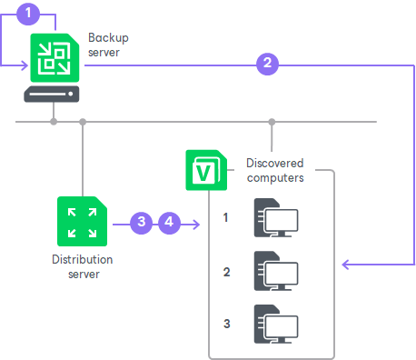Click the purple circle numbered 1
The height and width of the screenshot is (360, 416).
(x=28, y=14)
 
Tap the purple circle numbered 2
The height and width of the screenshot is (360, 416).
(x=267, y=64)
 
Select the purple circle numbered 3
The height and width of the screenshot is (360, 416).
(x=141, y=223)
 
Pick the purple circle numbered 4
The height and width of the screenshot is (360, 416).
(x=169, y=223)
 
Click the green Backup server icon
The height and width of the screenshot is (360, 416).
(x=54, y=57)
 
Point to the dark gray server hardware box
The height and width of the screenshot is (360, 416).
(x=52, y=94)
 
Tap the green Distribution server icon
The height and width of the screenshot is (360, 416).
(x=82, y=221)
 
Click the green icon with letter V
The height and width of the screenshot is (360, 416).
(x=206, y=170)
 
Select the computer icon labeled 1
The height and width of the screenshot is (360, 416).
(x=276, y=217)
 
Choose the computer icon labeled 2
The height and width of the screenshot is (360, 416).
(x=276, y=271)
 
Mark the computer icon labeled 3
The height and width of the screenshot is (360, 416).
(x=276, y=324)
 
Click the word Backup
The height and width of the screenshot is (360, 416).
(x=108, y=38)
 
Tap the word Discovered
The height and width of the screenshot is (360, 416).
(x=275, y=163)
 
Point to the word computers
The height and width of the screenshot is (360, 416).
(x=275, y=178)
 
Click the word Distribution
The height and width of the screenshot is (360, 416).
(x=83, y=259)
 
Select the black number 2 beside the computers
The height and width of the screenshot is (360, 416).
(x=227, y=272)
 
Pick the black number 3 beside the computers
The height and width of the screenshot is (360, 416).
(x=227, y=324)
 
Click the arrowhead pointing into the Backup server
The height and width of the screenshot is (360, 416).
(x=25, y=65)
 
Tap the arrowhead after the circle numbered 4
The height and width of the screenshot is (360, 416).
(x=196, y=225)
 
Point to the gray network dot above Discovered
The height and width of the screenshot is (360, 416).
(x=272, y=122)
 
